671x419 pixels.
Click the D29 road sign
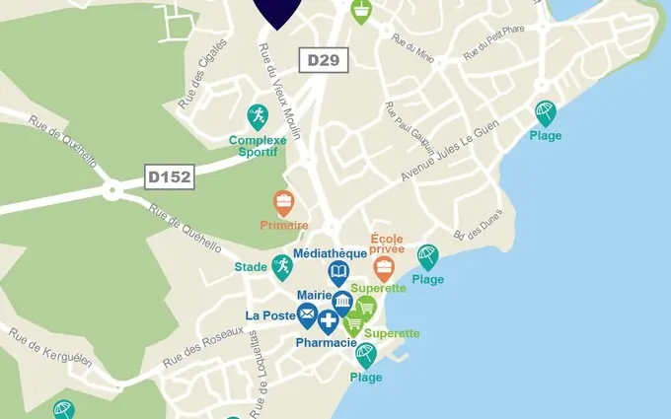[323, 60]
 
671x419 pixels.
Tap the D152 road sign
[169, 177]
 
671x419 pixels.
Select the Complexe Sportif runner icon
[258, 116]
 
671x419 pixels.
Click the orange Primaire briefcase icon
[284, 203]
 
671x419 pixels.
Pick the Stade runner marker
[282, 266]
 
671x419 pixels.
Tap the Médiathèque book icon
[338, 272]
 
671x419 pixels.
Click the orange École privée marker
[384, 267]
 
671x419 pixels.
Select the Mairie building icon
[342, 301]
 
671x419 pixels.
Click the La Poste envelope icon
[307, 315]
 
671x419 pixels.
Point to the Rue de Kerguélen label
[50, 347]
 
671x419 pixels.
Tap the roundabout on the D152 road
[112, 187]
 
